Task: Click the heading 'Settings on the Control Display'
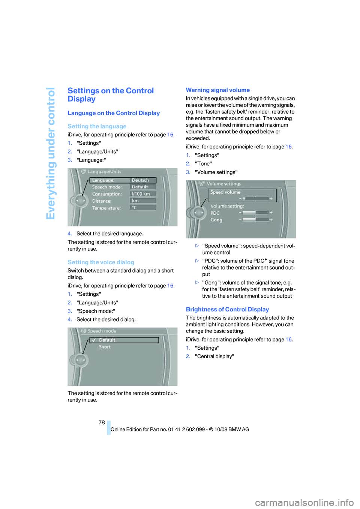pos(111,95)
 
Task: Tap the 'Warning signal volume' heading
pos(217,90)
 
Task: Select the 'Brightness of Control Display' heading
pos(227,309)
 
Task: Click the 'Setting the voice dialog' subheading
pos(101,262)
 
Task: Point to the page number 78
pos(102,422)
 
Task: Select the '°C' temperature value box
pos(142,207)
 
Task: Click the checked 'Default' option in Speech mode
pos(107,340)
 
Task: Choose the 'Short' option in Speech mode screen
pos(105,347)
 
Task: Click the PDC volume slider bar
pos(255,213)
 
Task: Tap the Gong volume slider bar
pos(255,220)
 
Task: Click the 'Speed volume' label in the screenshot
pos(225,192)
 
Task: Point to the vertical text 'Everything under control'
pos(51,153)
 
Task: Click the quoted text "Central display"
pos(214,356)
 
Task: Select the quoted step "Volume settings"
pos(216,172)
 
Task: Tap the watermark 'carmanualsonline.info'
pos(304,502)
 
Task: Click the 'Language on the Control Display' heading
pos(114,113)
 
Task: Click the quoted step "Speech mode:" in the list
pos(96,311)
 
